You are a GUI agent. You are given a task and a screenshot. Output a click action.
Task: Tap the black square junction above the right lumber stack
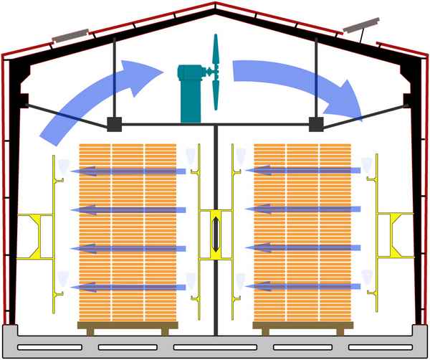point(315,124)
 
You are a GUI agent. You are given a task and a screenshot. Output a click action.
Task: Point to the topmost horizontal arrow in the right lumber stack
point(301,170)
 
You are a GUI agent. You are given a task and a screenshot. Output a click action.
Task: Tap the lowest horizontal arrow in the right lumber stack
point(301,286)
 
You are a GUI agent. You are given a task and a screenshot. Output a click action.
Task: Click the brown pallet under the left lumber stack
point(128,330)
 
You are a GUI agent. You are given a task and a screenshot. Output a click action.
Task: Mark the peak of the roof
point(215,6)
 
